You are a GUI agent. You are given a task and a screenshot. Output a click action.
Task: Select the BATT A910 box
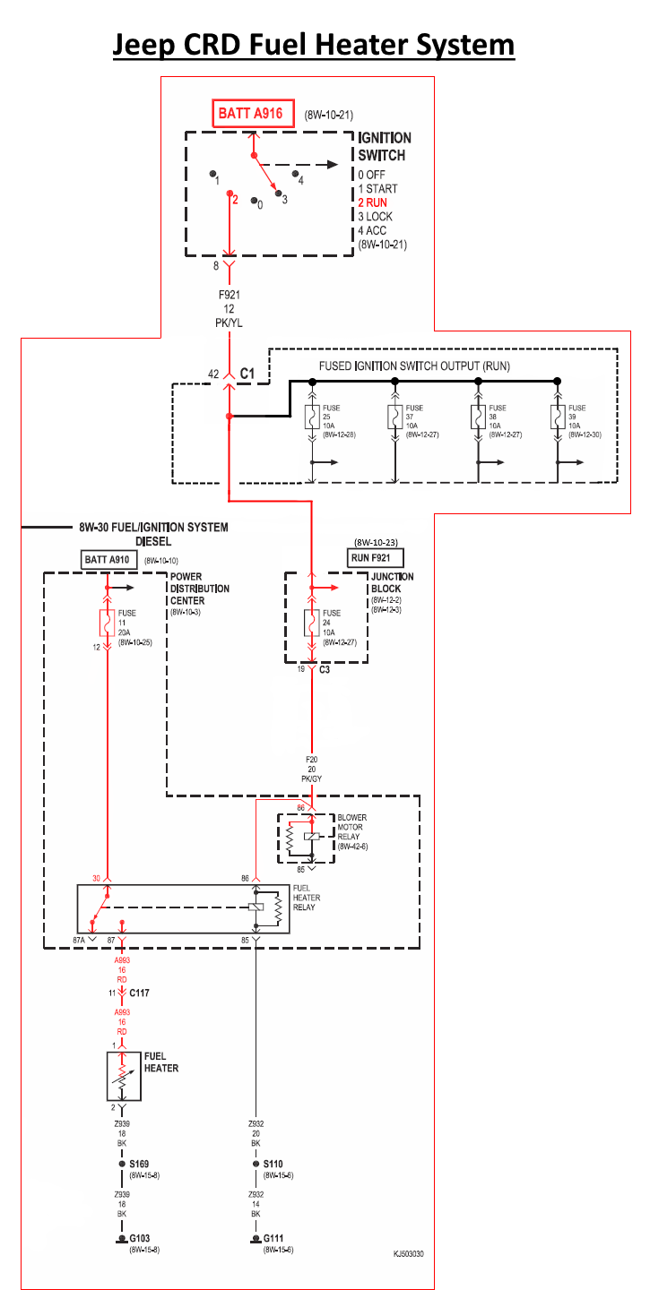click(107, 559)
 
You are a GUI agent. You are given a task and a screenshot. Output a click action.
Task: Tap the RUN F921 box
click(377, 557)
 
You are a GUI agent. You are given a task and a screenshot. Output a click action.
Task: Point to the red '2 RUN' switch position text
click(373, 202)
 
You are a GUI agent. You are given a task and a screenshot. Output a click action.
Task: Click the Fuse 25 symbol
click(311, 417)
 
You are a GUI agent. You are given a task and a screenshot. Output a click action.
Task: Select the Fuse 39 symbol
click(558, 417)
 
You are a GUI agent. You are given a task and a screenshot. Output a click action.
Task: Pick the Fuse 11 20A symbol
click(108, 622)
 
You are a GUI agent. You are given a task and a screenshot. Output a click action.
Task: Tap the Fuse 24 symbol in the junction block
click(312, 621)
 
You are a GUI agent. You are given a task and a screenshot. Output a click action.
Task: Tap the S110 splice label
click(274, 1164)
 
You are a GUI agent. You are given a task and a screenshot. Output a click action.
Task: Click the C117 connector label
click(141, 993)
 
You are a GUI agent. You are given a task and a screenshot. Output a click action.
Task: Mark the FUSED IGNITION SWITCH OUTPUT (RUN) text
click(413, 366)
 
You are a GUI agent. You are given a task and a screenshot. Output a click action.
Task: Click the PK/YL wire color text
click(228, 322)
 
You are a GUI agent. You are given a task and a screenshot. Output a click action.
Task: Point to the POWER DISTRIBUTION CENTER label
click(199, 589)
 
